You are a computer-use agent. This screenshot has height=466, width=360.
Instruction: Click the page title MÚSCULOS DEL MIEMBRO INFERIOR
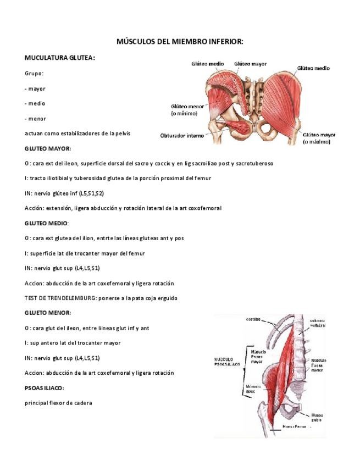(x=180, y=42)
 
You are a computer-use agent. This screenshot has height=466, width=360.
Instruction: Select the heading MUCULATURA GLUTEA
(x=59, y=57)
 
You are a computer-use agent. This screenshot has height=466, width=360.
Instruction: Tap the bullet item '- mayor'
(x=35, y=88)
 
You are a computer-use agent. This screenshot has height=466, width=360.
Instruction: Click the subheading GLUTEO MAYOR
(x=47, y=148)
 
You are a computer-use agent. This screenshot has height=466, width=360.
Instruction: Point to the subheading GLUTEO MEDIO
(x=47, y=223)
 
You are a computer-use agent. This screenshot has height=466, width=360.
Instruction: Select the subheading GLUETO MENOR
(x=47, y=313)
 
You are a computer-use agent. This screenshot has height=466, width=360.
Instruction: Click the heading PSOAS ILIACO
(x=45, y=388)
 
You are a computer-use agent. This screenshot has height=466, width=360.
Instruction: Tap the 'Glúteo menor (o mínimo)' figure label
(x=187, y=109)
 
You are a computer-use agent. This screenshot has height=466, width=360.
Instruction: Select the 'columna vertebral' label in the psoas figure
(x=318, y=323)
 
